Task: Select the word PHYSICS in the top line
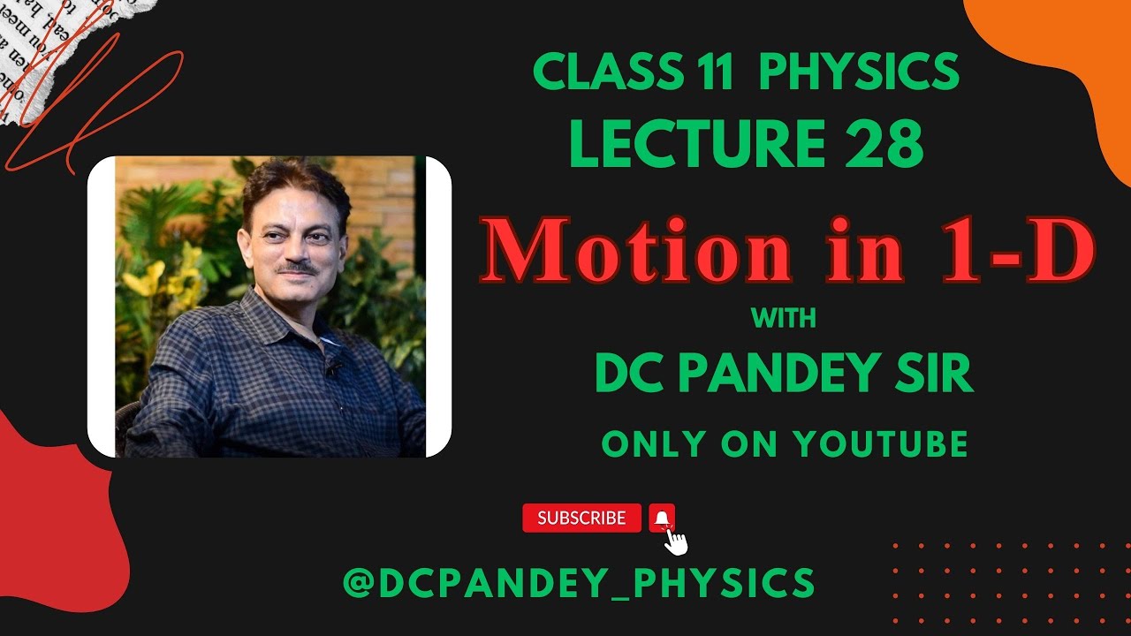point(859,72)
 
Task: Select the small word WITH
point(783,318)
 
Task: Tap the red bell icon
point(662,518)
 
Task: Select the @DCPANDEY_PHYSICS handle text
point(579,583)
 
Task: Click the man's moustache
point(299,266)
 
